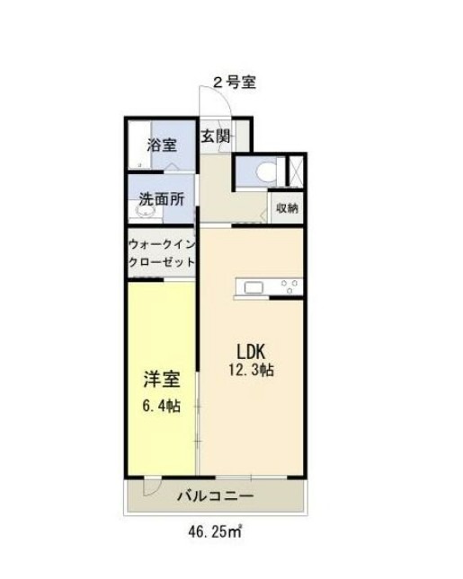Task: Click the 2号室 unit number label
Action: [x=235, y=83]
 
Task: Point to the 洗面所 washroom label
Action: [x=162, y=199]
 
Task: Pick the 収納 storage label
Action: [x=288, y=207]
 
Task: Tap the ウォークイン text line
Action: [x=162, y=245]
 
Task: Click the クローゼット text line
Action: [x=162, y=262]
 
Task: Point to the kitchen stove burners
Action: [x=289, y=287]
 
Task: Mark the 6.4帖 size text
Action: [x=160, y=406]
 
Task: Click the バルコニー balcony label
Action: [x=215, y=495]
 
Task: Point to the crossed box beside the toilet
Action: [x=293, y=171]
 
